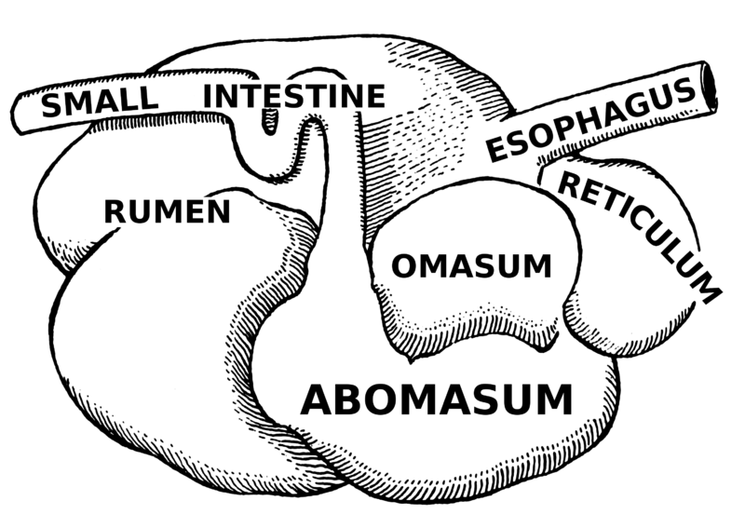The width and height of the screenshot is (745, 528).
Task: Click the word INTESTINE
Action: pyautogui.click(x=294, y=96)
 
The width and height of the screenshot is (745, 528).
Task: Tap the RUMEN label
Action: pyautogui.click(x=168, y=211)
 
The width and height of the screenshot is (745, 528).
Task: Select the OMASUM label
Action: pyautogui.click(x=471, y=265)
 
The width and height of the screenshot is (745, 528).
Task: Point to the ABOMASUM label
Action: pyautogui.click(x=437, y=399)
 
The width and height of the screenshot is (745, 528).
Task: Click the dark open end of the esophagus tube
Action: pyautogui.click(x=710, y=86)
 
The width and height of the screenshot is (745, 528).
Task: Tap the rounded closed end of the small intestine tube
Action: pyautogui.click(x=17, y=113)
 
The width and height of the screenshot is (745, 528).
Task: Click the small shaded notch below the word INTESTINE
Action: pyautogui.click(x=269, y=121)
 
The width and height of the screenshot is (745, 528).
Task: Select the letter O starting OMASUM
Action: pyautogui.click(x=403, y=265)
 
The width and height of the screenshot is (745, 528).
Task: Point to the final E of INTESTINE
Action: pyautogui.click(x=375, y=96)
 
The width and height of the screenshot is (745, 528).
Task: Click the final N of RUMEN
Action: pyautogui.click(x=220, y=211)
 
